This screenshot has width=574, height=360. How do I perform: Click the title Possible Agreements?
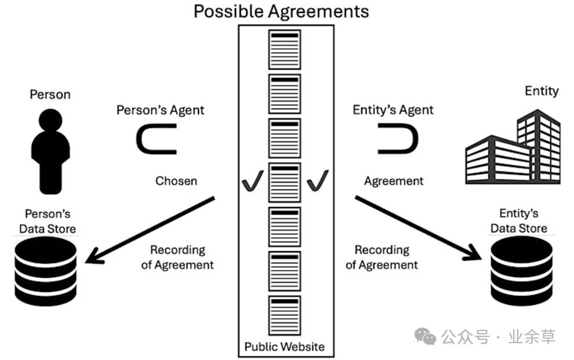point(281,11)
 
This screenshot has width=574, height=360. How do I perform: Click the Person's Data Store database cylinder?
point(46,271)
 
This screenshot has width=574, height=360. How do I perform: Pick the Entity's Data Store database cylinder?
point(521,272)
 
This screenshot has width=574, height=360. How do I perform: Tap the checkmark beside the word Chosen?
point(253,181)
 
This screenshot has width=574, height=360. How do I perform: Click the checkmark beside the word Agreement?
point(318,180)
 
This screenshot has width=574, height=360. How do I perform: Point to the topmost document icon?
point(284,49)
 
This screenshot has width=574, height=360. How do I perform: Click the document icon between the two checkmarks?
point(284,183)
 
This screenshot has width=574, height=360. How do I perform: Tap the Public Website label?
point(284,347)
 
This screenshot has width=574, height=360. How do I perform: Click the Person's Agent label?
point(161,110)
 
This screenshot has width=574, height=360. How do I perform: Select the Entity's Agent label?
point(393,110)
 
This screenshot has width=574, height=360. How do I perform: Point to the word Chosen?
point(176,181)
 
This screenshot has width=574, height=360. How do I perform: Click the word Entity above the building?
point(542,91)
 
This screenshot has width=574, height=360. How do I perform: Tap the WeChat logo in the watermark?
point(428,336)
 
